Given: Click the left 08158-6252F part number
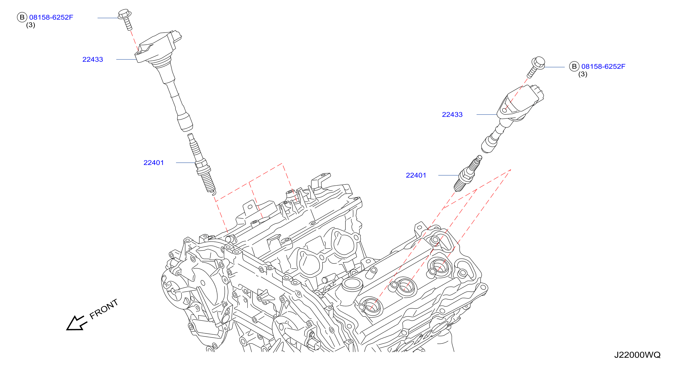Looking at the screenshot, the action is (x=51, y=17).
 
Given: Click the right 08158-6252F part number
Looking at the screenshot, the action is (x=603, y=67).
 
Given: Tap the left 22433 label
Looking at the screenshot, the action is (x=92, y=60).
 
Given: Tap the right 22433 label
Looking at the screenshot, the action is (x=452, y=115).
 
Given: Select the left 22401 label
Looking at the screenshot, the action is (x=154, y=162).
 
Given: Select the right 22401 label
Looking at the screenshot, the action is (x=416, y=175).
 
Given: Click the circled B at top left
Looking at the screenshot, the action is (x=22, y=17).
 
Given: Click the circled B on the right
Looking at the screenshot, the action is (x=575, y=67).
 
